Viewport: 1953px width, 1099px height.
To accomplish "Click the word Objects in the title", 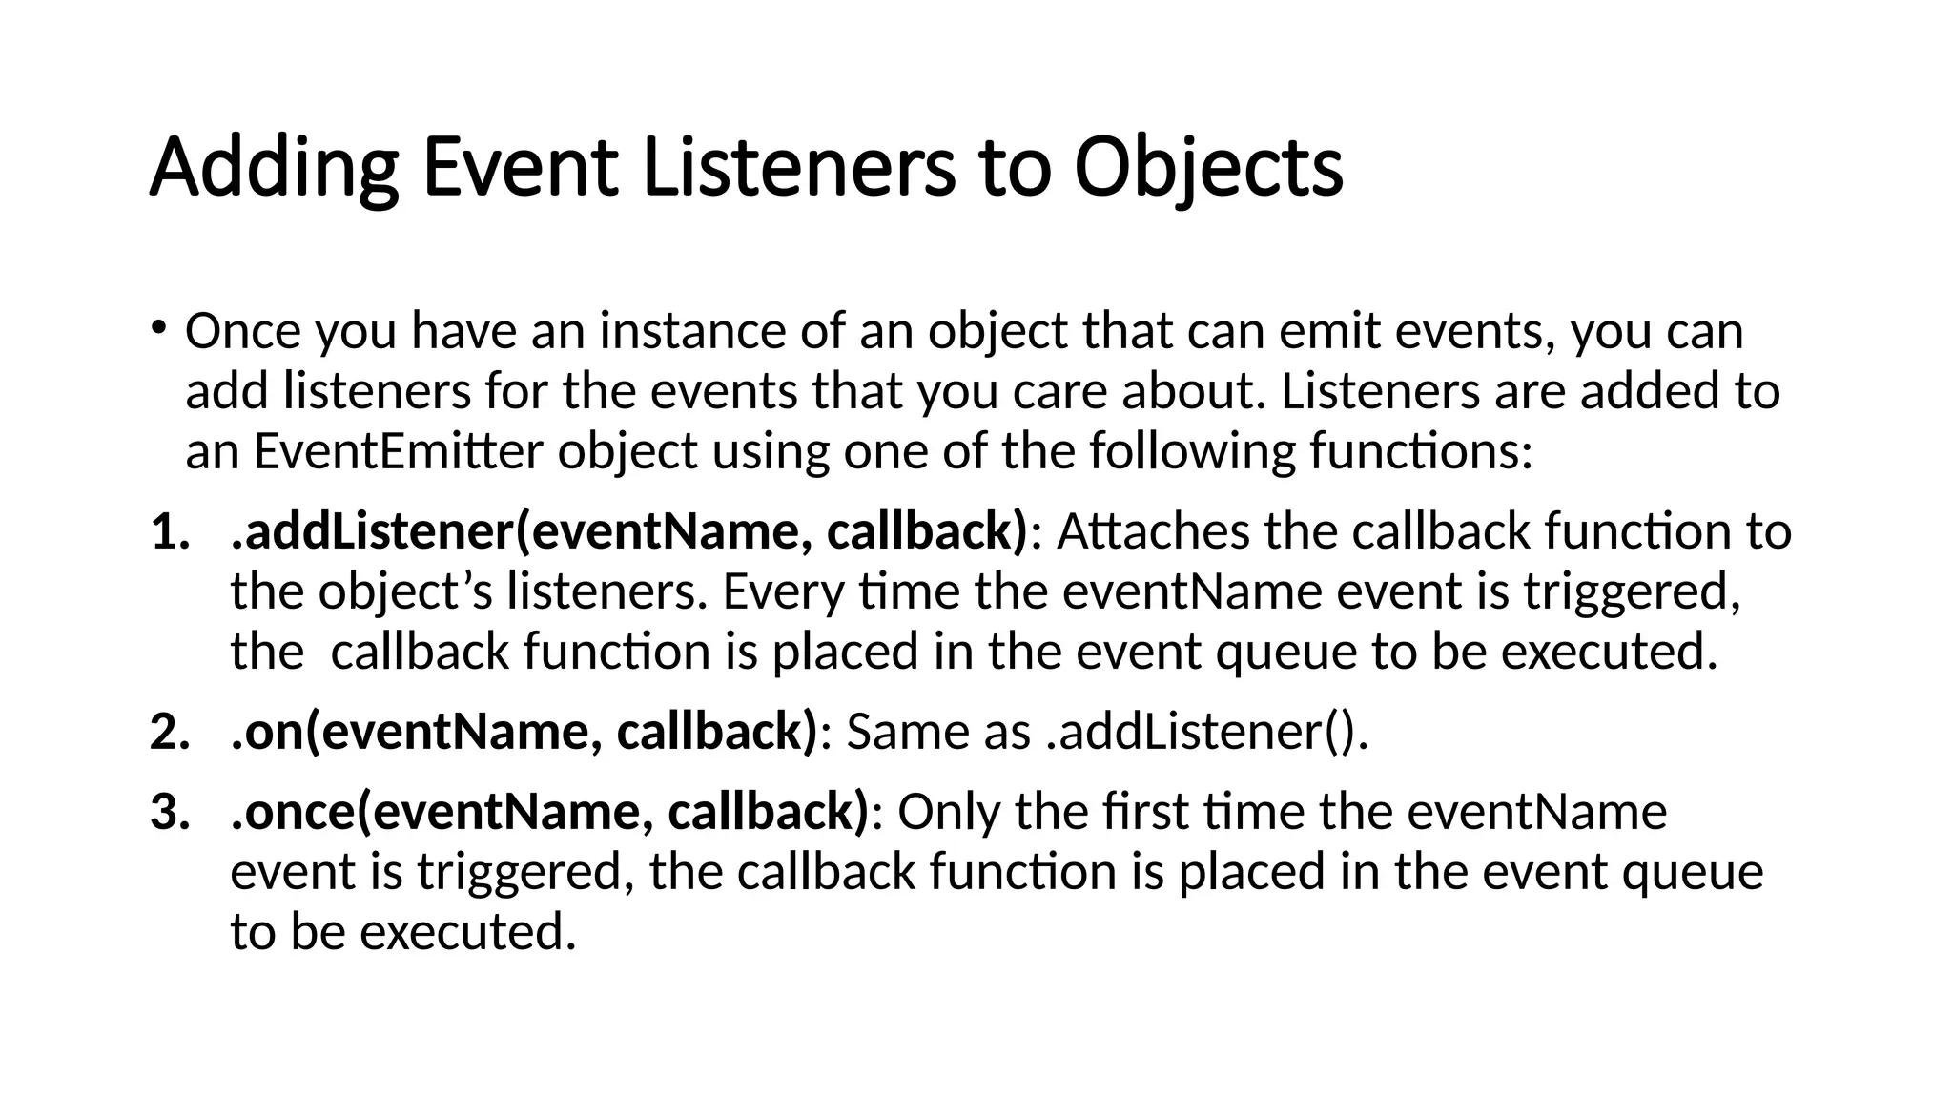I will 1207,169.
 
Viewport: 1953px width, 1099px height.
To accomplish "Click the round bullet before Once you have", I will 159,326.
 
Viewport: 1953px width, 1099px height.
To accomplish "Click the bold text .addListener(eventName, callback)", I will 629,531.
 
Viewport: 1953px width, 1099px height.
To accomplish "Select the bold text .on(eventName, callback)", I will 524,732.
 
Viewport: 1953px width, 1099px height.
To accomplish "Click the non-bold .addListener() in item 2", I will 1205,732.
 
